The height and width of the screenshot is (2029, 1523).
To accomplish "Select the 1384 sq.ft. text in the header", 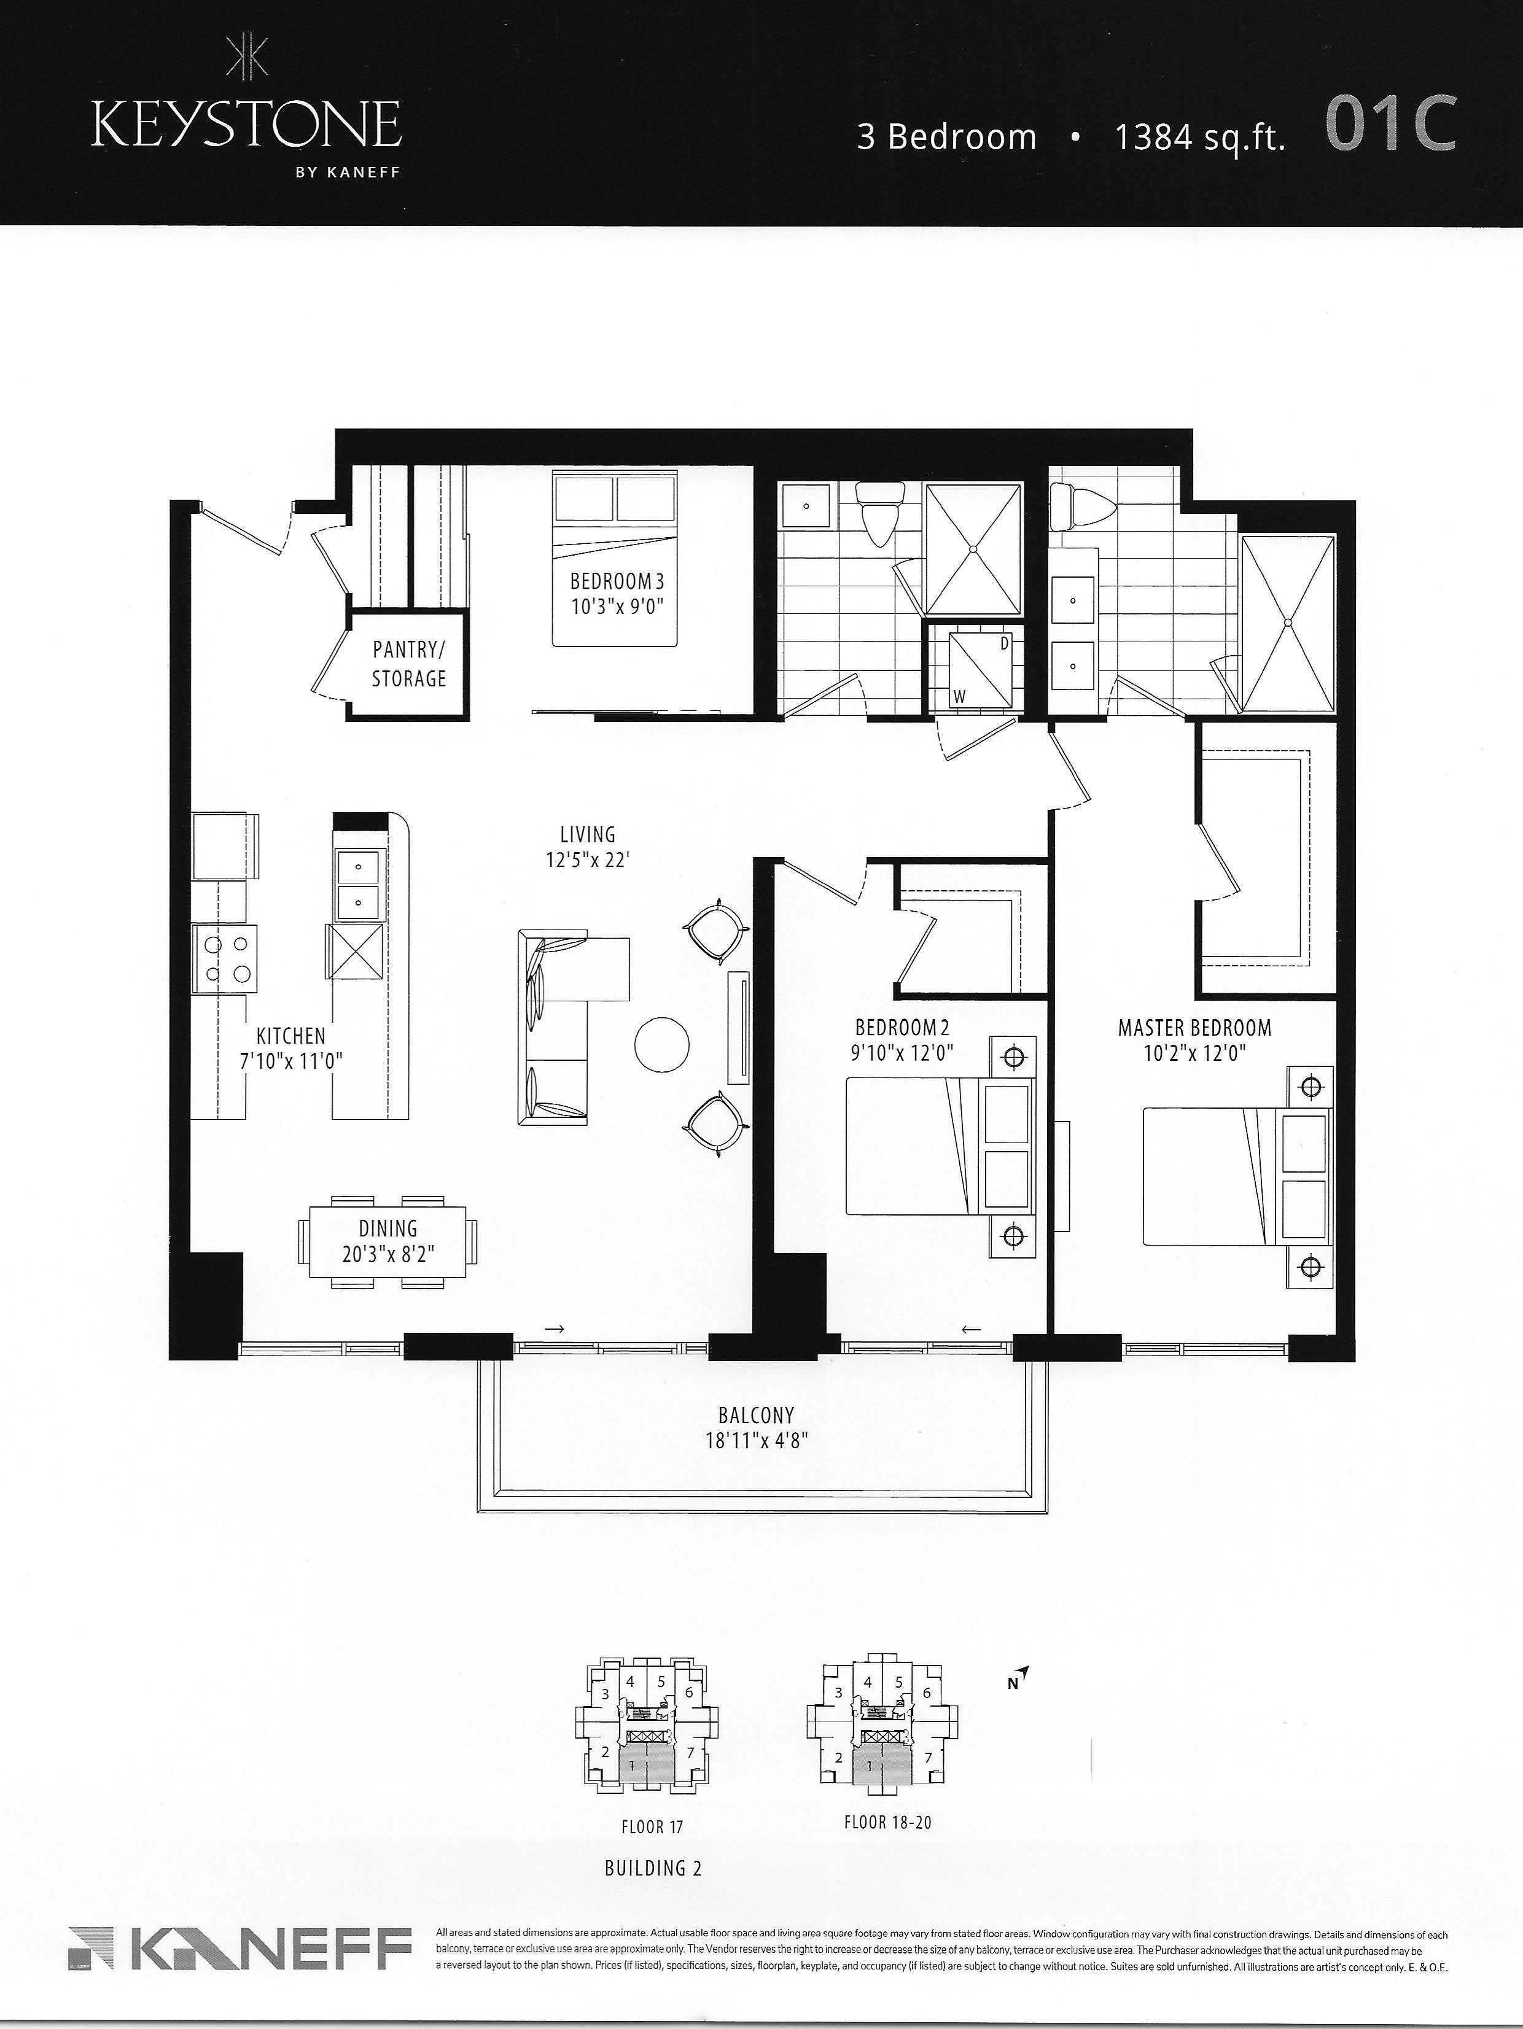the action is (1200, 137).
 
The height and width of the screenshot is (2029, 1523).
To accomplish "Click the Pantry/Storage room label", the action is (408, 664).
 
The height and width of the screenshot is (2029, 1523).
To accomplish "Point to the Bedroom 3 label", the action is (617, 581).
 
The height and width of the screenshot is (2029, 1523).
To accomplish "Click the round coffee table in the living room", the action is (661, 1044).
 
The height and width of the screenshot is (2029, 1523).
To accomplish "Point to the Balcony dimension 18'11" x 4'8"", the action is (756, 1441).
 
